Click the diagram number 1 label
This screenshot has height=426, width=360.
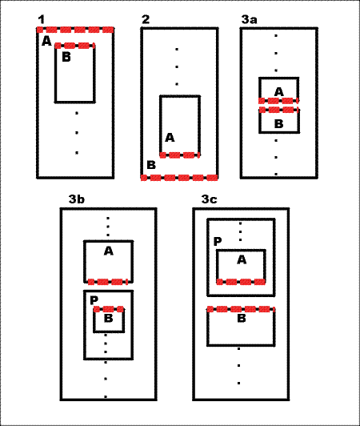pos(41,19)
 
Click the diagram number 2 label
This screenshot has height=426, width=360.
pos(146,19)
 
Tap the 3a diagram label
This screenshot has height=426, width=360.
pos(250,19)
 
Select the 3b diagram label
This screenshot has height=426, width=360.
pos(77,199)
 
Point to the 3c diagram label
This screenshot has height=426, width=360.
pos(210,199)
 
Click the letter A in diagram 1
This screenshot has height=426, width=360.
pos(46,42)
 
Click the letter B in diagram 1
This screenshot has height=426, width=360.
pos(66,57)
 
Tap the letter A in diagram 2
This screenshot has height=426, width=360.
pos(170,138)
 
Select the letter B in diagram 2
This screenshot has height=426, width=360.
pos(151,165)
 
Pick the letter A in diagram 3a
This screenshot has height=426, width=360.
pos(279,92)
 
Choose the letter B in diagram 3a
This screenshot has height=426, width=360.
pos(279,124)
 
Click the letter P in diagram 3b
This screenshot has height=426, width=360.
pos(94,300)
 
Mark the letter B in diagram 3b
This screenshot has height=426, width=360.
pos(109,318)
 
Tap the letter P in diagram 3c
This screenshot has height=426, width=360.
pos(218,241)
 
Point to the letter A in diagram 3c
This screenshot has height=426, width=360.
pos(242,260)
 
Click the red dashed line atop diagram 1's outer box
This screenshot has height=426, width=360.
pos(75,30)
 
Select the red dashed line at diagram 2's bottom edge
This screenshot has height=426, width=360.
pos(179,178)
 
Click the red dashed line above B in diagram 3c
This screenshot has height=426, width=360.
pos(241,309)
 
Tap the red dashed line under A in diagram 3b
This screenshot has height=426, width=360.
pos(108,282)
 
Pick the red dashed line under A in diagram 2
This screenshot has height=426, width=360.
pos(180,155)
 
